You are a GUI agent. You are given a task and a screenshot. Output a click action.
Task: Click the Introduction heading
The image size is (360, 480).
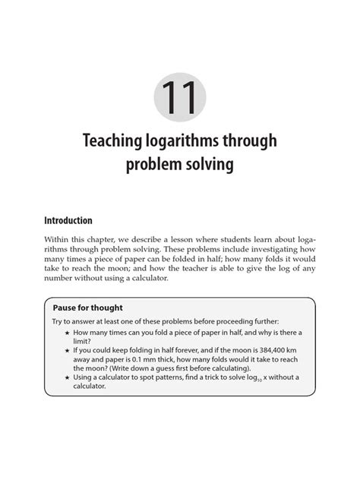pos(68,220)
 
